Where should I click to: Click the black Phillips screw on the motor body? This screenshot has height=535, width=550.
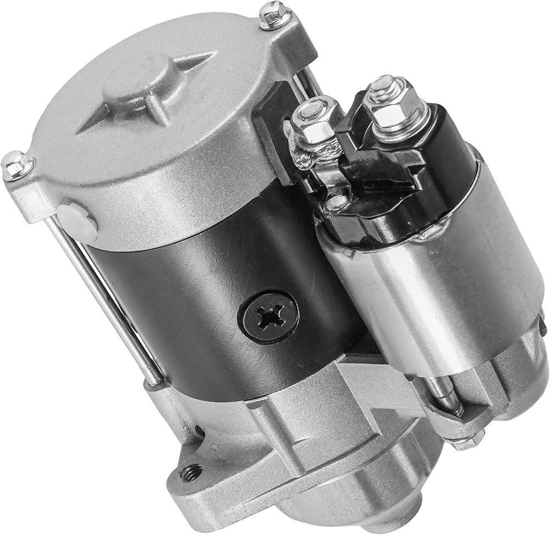[x=268, y=317]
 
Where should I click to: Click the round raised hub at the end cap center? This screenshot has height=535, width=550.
[x=132, y=82]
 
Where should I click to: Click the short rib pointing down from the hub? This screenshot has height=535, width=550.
[x=159, y=113]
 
